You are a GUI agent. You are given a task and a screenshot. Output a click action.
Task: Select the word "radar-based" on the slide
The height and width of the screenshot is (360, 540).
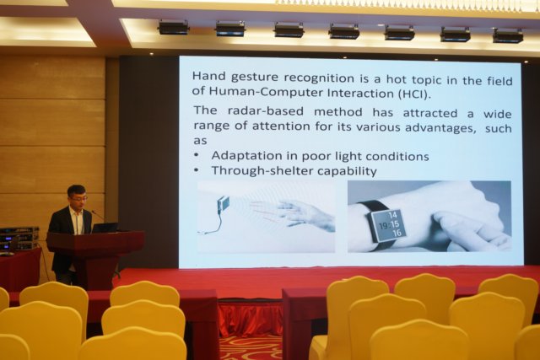265,110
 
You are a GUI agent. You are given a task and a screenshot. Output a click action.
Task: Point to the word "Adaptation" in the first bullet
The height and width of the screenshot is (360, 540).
247,156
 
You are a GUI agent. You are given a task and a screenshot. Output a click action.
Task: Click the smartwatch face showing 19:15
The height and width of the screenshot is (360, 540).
386,225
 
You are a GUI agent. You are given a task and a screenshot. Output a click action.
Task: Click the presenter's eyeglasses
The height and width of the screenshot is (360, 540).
79,198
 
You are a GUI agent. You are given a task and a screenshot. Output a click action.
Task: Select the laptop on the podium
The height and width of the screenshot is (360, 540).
105,228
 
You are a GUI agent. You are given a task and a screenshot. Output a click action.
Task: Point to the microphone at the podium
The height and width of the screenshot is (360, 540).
98,216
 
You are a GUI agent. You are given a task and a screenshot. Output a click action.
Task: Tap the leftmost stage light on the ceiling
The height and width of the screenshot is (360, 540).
174,27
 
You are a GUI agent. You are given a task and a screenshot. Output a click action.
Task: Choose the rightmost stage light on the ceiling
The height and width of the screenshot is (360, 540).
508,35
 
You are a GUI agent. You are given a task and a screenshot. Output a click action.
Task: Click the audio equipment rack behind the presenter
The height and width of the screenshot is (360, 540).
19,238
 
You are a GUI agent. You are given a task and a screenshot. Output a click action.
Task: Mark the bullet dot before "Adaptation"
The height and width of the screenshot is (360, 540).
196,154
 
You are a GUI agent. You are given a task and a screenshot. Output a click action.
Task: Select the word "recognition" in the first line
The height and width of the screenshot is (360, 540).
319,78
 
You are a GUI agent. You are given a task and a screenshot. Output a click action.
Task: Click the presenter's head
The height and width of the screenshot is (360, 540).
77,196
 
